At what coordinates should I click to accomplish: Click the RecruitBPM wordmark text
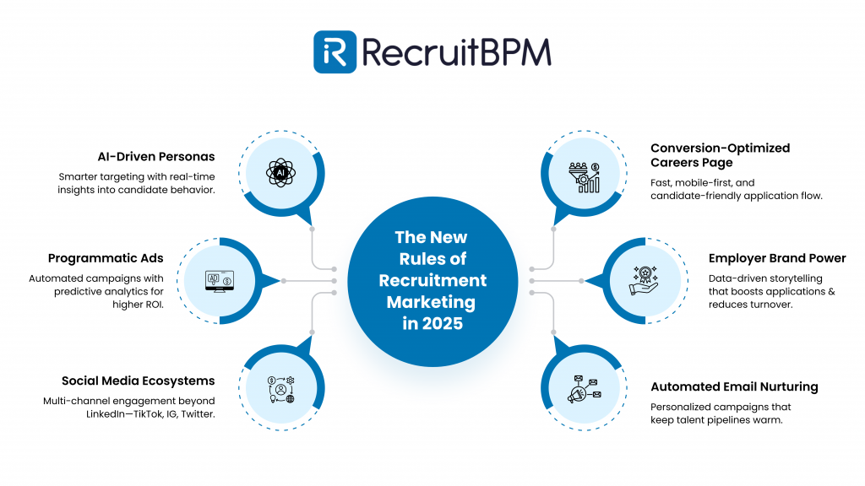(x=456, y=52)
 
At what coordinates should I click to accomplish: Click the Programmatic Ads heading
(x=106, y=258)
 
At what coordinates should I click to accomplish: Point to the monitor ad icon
(x=220, y=281)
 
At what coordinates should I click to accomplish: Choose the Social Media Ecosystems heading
(x=138, y=381)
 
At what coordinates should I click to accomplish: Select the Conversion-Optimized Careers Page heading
(x=720, y=154)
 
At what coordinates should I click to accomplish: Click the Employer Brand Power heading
(x=777, y=258)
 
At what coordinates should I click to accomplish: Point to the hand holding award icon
(x=645, y=281)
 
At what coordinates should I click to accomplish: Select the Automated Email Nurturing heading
(x=734, y=386)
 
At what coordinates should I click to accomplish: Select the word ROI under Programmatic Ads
(x=152, y=305)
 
